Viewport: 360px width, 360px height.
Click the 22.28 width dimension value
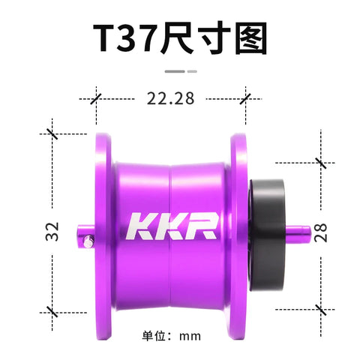point(170,98)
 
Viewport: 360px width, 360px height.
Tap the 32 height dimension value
point(52,232)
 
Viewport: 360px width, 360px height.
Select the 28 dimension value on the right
point(320,232)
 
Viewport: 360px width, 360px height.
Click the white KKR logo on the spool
point(172,226)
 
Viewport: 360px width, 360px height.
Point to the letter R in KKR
point(202,226)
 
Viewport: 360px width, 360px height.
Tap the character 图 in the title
point(251,38)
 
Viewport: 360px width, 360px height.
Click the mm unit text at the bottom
point(190,337)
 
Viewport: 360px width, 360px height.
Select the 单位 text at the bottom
point(154,336)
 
